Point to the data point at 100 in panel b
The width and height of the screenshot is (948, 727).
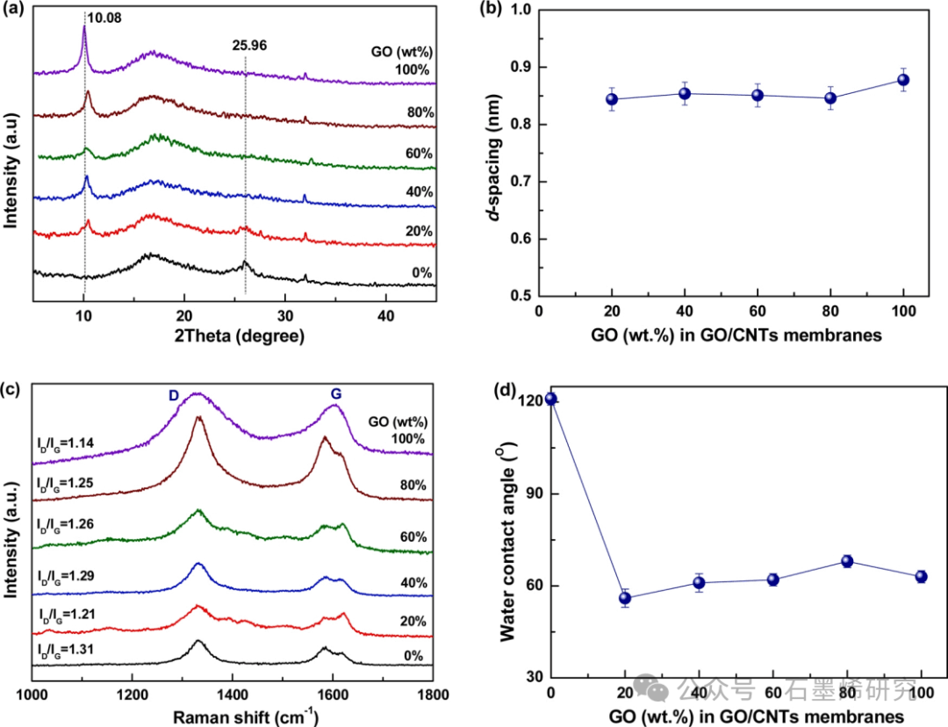902,80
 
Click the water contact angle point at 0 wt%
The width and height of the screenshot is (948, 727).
550,399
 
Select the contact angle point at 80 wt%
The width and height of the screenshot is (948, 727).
847,561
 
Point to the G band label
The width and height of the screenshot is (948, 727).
335,395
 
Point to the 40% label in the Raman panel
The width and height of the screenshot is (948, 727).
412,583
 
